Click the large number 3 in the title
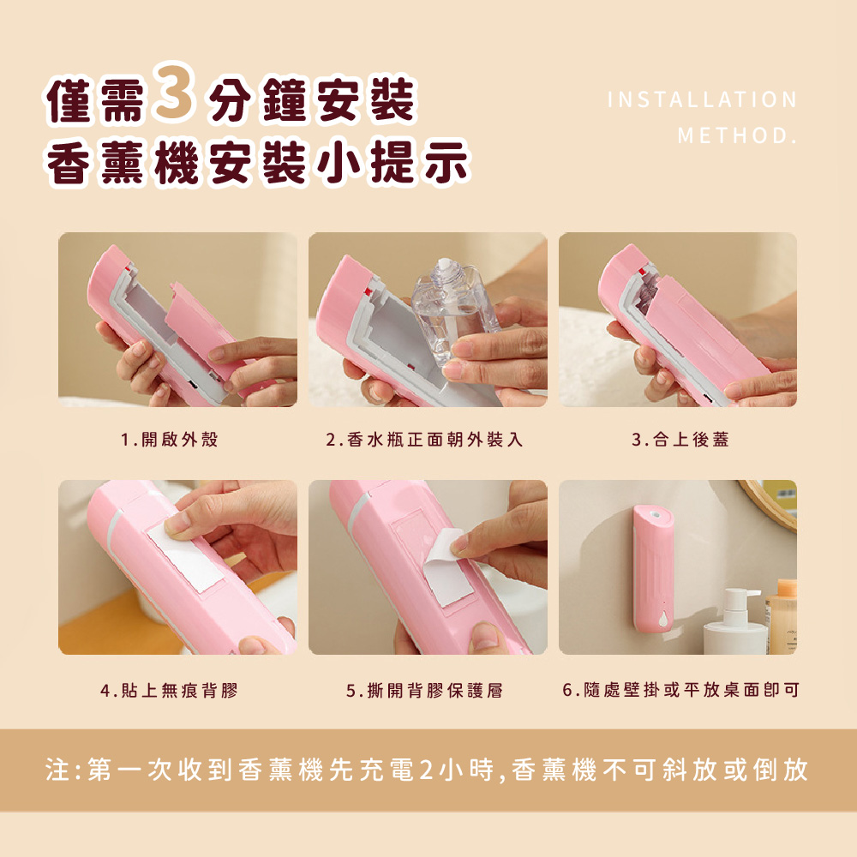174,93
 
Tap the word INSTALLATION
703,99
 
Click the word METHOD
737,135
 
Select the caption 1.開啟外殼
170,440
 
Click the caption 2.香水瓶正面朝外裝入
425,440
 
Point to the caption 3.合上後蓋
680,440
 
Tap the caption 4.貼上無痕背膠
170,690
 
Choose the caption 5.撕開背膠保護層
425,690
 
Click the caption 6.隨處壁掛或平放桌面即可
680,690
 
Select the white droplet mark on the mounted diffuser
663,619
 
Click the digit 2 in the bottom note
426,770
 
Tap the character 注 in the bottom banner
57,770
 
